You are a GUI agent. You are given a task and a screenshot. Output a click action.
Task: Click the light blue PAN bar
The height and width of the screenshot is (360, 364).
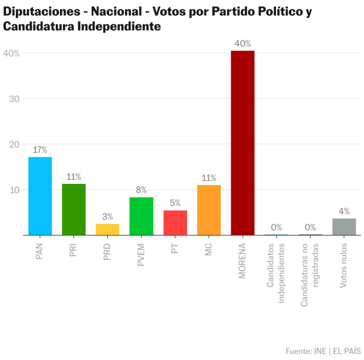click(x=40, y=195)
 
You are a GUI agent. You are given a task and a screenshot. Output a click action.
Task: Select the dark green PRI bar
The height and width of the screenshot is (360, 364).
click(x=73, y=209)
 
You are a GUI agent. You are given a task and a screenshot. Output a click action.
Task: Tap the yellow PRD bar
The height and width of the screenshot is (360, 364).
click(x=107, y=229)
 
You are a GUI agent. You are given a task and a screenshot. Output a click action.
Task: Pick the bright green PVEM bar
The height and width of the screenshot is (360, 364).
click(x=141, y=216)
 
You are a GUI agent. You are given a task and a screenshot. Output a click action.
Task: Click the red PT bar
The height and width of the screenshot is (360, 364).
click(x=175, y=222)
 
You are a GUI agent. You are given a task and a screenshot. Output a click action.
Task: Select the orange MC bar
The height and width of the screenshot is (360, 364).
click(x=209, y=209)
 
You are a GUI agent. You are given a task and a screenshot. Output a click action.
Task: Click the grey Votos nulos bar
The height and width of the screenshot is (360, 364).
click(x=344, y=226)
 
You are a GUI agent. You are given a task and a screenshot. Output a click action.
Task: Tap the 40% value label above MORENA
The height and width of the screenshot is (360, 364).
click(x=243, y=44)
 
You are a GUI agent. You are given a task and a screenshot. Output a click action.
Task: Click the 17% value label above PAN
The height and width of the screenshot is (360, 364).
click(x=40, y=149)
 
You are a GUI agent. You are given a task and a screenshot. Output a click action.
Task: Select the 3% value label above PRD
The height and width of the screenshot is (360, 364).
click(x=107, y=217)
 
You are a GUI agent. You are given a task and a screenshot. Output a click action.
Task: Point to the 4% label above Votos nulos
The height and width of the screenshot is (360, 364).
click(x=344, y=211)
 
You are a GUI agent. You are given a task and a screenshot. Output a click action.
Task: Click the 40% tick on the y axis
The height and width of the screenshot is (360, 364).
click(x=12, y=53)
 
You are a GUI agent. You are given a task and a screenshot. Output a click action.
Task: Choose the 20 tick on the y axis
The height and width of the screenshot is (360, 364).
click(x=13, y=144)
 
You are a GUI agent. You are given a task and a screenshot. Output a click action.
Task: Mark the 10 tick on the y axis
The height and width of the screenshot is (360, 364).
click(x=13, y=190)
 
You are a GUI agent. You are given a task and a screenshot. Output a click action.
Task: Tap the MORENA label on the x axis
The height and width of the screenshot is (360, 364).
click(x=243, y=260)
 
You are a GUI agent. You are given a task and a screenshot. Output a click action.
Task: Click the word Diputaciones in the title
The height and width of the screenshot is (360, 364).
click(x=40, y=12)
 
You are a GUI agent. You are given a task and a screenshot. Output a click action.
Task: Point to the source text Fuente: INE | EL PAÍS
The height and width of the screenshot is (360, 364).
click(x=323, y=351)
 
